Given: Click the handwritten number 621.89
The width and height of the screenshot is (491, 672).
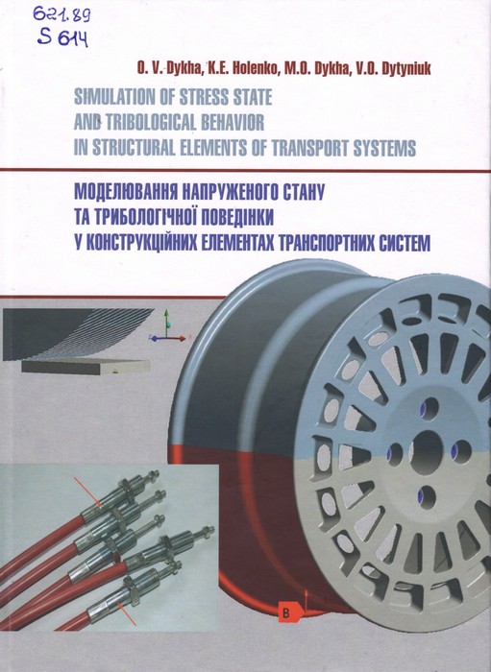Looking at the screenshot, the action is [x=61, y=16].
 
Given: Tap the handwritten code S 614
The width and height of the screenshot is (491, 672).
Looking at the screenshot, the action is [x=62, y=38].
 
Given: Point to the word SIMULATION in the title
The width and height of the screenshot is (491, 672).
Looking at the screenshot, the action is [x=111, y=97].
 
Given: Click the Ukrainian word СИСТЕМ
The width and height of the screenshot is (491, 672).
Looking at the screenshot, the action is [x=405, y=242].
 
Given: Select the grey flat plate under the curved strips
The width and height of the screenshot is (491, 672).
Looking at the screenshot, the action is [x=86, y=367].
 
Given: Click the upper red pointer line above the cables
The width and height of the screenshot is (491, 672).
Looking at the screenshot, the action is [x=87, y=492].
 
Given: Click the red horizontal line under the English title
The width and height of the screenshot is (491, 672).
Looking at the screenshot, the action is [x=245, y=171].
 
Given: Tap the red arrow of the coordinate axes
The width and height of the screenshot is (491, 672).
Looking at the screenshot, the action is [x=177, y=338].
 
